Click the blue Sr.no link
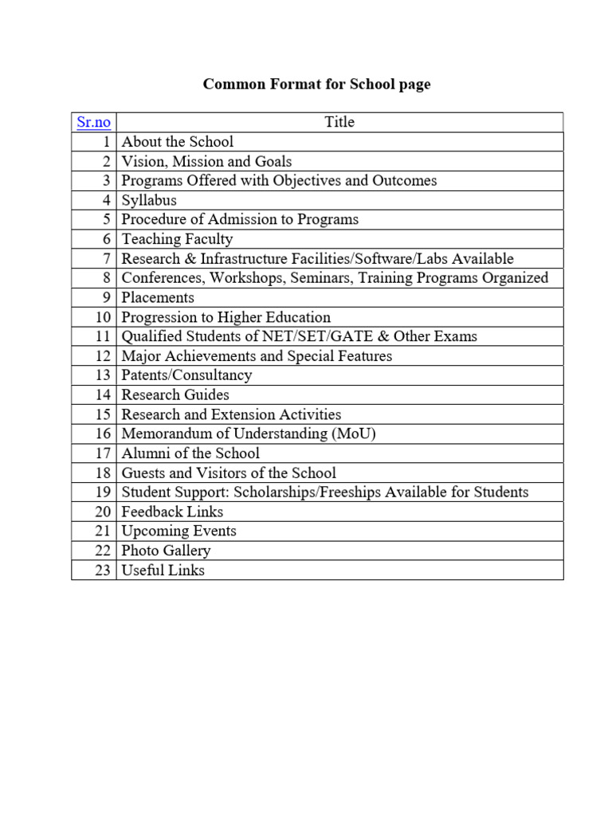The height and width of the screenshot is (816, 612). click(93, 123)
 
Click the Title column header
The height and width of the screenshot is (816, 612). click(339, 122)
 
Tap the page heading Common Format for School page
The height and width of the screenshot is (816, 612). click(316, 84)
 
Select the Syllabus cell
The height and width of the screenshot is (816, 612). click(149, 200)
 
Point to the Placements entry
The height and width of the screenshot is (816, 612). click(158, 297)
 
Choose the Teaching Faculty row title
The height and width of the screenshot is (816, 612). click(177, 239)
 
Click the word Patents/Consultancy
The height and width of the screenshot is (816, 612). click(186, 375)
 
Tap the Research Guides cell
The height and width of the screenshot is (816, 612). click(175, 394)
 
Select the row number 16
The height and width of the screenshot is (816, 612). click(102, 433)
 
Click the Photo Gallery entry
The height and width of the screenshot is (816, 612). click(166, 551)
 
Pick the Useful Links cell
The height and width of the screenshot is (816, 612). click(163, 570)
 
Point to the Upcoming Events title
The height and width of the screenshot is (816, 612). click(178, 531)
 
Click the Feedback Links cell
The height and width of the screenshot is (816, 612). click(172, 512)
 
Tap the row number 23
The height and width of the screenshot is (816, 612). click(102, 570)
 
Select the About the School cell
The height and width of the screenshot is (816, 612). click(177, 142)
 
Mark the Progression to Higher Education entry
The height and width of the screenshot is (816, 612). click(226, 317)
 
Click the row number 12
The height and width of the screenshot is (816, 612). click(102, 356)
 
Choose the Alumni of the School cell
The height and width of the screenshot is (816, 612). click(190, 453)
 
